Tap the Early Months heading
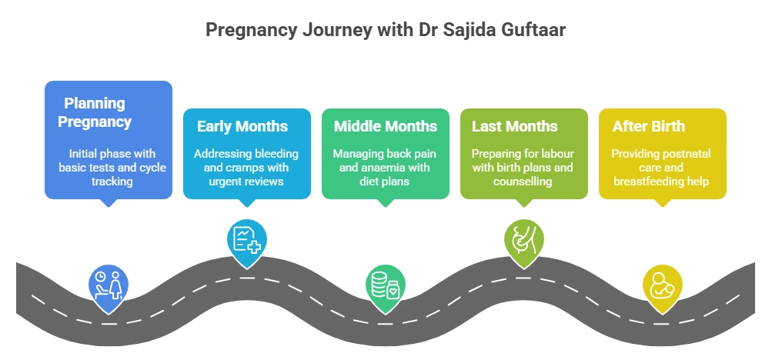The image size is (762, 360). tap(242, 126)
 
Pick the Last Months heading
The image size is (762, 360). tap(515, 126)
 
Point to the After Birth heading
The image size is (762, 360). tap(649, 126)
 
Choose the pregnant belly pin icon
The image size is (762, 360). tap(523, 241)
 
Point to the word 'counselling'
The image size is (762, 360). tap(523, 182)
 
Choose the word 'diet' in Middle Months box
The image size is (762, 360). tap(369, 182)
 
